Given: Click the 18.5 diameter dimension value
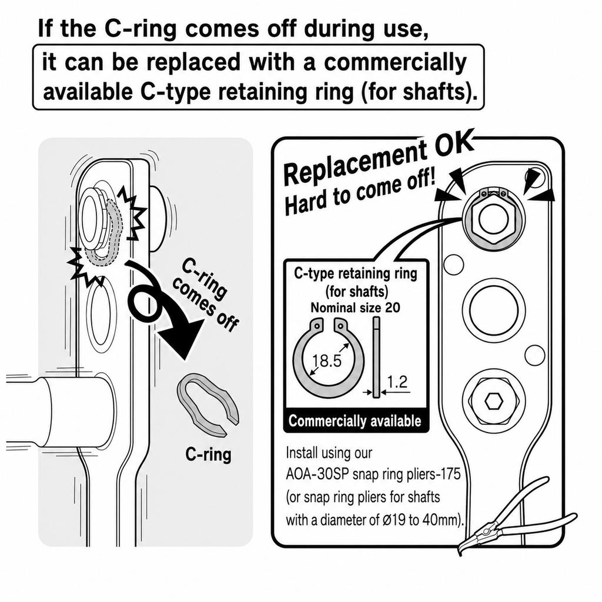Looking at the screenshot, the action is pyautogui.click(x=326, y=361).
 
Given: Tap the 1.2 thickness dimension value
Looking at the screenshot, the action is pyautogui.click(x=397, y=382).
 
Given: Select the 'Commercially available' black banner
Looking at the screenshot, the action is pyautogui.click(x=355, y=421).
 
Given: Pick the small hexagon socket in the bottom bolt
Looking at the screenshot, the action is pyautogui.click(x=494, y=402).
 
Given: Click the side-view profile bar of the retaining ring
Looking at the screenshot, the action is pyautogui.click(x=376, y=357).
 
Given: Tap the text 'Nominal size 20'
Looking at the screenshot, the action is pyautogui.click(x=355, y=307).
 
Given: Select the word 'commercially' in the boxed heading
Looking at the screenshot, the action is pyautogui.click(x=396, y=62).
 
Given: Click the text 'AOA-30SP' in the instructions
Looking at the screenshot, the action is pyautogui.click(x=317, y=474).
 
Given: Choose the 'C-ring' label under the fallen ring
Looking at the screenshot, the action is pyautogui.click(x=209, y=454).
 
